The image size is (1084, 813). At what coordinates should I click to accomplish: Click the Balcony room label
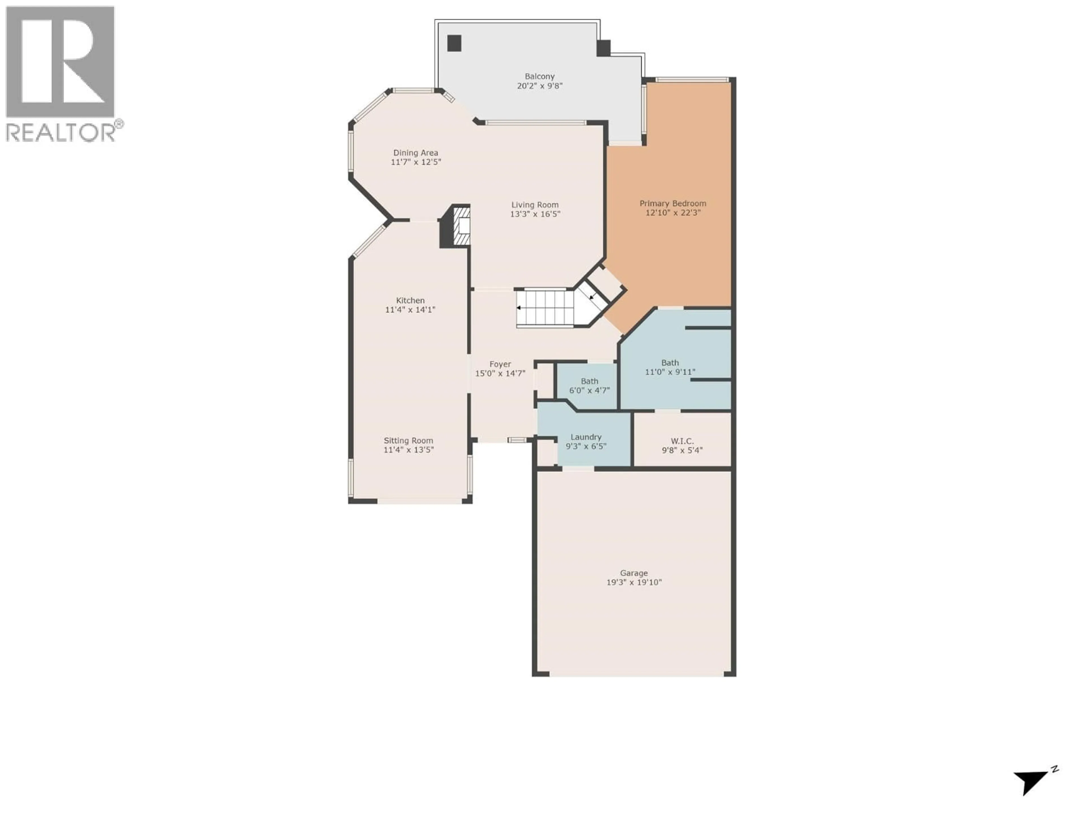pos(539,77)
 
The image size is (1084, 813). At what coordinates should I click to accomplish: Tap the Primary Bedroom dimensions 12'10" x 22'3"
pos(673,213)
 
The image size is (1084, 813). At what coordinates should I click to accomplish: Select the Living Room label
pos(535,205)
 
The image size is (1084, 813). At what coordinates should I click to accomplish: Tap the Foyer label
pos(500,364)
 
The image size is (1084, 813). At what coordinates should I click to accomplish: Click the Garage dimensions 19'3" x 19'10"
pos(634,582)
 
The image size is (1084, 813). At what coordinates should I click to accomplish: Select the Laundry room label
pos(586,437)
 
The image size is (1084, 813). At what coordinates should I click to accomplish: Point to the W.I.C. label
pos(682,441)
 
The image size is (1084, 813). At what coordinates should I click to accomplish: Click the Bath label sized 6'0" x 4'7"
pos(589,381)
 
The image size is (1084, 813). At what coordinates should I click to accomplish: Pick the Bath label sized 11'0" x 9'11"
pos(670,363)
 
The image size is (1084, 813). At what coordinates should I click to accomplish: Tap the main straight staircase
pos(545,308)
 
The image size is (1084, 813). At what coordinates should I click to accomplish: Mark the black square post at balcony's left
pos(454,43)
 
